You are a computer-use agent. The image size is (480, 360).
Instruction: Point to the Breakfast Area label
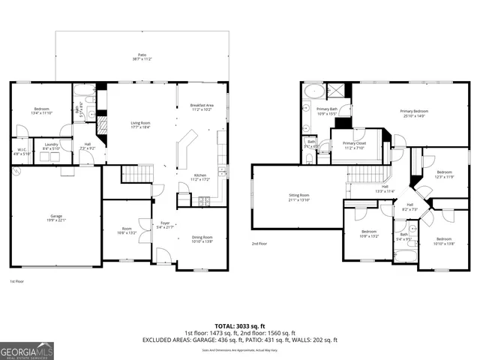(202, 106)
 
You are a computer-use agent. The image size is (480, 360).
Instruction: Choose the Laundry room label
(51, 145)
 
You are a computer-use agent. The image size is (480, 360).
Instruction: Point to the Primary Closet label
(353, 144)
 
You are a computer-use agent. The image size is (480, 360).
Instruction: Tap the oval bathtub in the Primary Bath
(313, 93)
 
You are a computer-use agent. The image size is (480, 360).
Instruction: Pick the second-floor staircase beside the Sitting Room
(367, 175)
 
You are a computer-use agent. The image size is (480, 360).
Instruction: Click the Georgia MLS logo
(27, 349)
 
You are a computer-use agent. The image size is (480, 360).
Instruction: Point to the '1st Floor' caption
(16, 281)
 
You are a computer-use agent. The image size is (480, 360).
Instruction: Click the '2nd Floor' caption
(259, 244)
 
